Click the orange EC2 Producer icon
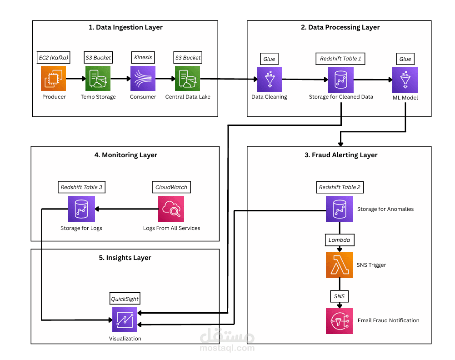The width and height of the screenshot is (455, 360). (x=54, y=79)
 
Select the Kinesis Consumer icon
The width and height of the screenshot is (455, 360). (x=143, y=79)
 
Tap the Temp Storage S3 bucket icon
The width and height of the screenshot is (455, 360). (x=98, y=79)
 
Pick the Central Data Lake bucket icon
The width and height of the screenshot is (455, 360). (x=188, y=79)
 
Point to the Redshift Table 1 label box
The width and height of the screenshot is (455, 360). (x=340, y=59)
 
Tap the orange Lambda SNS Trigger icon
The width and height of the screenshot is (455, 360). (x=340, y=265)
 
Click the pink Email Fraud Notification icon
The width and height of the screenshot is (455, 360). (x=340, y=320)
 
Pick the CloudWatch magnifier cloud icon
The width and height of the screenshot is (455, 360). (x=171, y=209)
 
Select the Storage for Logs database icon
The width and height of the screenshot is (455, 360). (x=81, y=209)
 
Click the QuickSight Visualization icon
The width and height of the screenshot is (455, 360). (x=125, y=320)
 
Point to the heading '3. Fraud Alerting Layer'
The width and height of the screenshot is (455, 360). (x=340, y=155)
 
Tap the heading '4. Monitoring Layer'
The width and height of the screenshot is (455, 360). (x=125, y=155)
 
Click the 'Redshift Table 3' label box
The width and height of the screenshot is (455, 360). (x=81, y=187)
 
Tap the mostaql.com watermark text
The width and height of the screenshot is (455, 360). (x=227, y=348)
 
